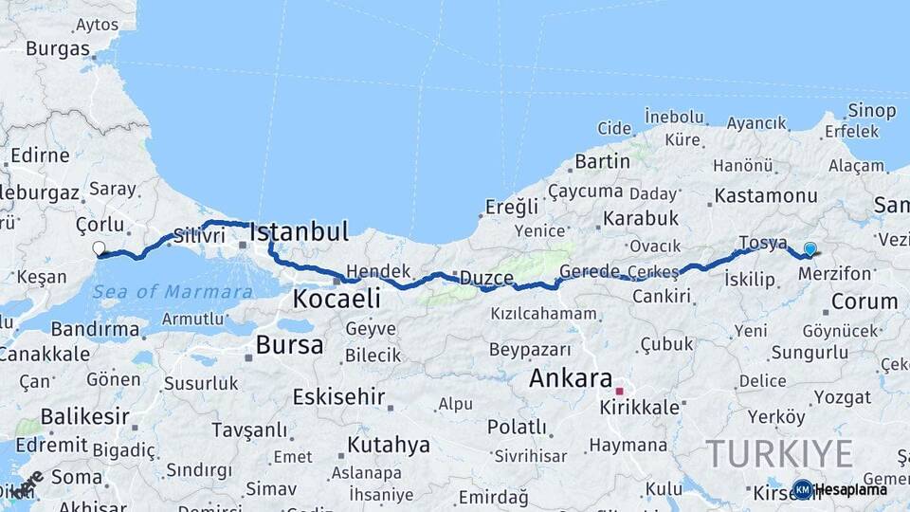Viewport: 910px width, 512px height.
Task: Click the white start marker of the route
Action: [99, 249]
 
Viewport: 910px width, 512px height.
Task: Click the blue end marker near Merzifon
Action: [810, 249]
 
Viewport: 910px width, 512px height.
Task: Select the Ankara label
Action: [571, 378]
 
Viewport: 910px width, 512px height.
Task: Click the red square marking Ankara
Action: [619, 391]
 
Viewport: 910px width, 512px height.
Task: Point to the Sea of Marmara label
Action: [173, 290]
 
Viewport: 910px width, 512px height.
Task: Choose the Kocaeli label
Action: [337, 300]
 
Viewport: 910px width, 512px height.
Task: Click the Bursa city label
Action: [289, 345]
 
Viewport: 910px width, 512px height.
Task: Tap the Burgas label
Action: [58, 48]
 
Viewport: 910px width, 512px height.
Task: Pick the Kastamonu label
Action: [766, 196]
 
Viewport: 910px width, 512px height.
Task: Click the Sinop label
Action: [872, 111]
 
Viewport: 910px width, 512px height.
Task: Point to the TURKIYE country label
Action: [779, 453]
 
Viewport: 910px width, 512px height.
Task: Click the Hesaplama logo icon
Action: [803, 489]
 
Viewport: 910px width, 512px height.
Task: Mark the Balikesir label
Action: [71, 416]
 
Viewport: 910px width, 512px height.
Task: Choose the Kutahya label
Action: [389, 445]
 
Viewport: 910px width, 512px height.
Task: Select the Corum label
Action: [863, 302]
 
